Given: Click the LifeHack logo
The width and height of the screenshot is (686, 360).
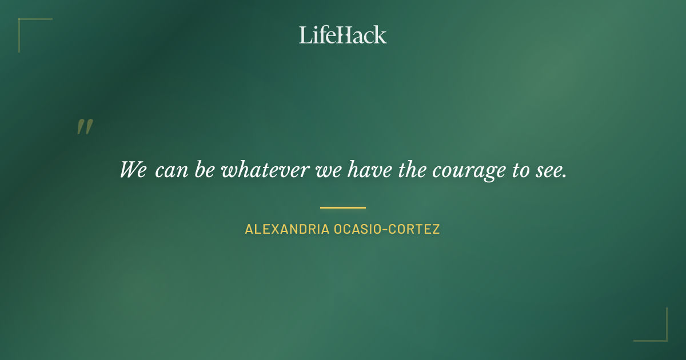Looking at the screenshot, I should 342,35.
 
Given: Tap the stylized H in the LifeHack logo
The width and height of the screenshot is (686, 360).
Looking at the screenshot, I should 342,35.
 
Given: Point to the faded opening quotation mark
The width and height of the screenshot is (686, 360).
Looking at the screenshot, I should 85,127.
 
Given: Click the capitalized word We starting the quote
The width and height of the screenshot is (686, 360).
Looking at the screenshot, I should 133,170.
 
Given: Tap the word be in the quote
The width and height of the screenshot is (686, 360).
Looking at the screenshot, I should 204,170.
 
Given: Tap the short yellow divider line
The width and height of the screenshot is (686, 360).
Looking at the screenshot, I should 342,207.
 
